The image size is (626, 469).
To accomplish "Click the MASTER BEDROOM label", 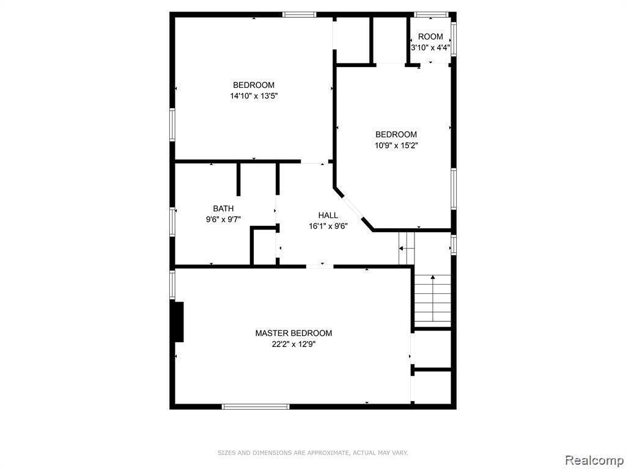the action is click(x=293, y=333).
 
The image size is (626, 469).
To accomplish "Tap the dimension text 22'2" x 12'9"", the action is click(x=293, y=344).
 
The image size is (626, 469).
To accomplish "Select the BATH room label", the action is click(x=223, y=209).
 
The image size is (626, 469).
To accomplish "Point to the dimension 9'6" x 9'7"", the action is click(x=223, y=219).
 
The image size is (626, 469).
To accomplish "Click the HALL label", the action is click(x=328, y=216).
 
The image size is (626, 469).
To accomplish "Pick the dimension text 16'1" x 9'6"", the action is click(x=328, y=226).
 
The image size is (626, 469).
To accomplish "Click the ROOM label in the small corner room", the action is click(x=430, y=37).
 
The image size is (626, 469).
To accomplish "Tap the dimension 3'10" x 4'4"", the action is click(x=431, y=48).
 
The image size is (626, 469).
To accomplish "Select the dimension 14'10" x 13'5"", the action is click(x=254, y=96).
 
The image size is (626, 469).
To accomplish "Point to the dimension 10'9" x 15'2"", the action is click(x=396, y=145).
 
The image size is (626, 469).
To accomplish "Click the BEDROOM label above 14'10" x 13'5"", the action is click(x=254, y=85).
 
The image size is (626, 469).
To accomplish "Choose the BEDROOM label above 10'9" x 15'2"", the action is click(x=396, y=134).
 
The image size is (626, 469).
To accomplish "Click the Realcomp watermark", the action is click(x=594, y=459).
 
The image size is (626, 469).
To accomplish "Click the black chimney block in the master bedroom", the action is click(x=177, y=321).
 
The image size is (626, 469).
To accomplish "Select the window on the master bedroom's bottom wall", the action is click(x=256, y=406).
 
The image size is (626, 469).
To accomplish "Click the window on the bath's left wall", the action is click(x=172, y=222).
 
